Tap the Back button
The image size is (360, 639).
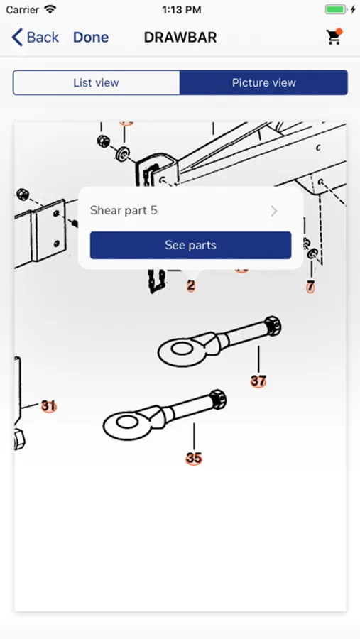pyautogui.click(x=36, y=38)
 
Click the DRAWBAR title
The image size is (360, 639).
pyautogui.click(x=180, y=38)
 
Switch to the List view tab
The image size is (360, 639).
pyautogui.click(x=96, y=82)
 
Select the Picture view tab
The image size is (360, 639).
pyautogui.click(x=263, y=82)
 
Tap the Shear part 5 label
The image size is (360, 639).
pyautogui.click(x=124, y=211)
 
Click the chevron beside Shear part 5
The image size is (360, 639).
pyautogui.click(x=274, y=211)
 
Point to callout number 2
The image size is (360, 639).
pyautogui.click(x=190, y=286)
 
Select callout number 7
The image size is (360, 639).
pyautogui.click(x=310, y=287)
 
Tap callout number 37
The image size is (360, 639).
pyautogui.click(x=258, y=381)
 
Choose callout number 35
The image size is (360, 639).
pyautogui.click(x=194, y=458)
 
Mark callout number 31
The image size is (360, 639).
pyautogui.click(x=48, y=406)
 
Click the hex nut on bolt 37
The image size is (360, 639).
pyautogui.click(x=272, y=326)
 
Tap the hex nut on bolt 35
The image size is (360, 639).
pyautogui.click(x=217, y=399)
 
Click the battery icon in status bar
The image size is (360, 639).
pyautogui.click(x=336, y=10)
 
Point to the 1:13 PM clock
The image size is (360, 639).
pyautogui.click(x=180, y=10)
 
